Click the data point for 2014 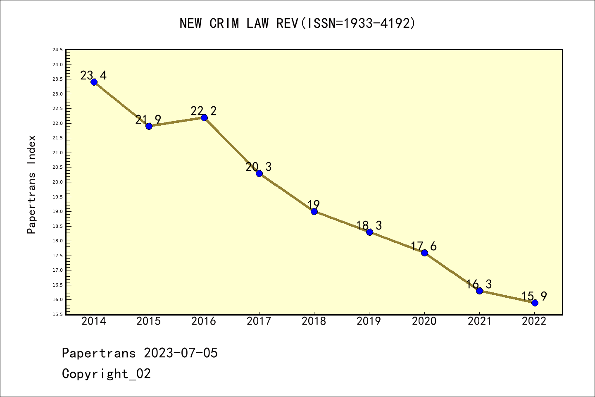94,82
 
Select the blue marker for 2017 259,173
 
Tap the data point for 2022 535,303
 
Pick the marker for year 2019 369,232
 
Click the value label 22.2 204,111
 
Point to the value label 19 314,204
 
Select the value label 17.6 424,246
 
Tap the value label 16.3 479,284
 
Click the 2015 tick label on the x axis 149,321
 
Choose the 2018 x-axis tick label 314,321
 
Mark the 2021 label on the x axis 479,321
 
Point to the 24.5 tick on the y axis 57,50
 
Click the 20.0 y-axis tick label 57,182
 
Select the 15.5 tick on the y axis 57,314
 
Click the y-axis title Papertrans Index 32,184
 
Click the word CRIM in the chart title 224,24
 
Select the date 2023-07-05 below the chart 181,353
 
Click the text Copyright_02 106,374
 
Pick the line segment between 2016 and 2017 231,146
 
